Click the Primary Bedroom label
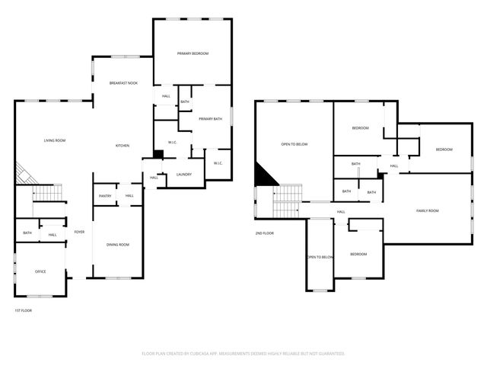click(193, 53)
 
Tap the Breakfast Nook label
click(123, 82)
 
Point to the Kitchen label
click(122, 146)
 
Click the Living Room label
click(54, 140)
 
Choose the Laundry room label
click(183, 174)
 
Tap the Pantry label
click(106, 196)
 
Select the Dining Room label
click(117, 244)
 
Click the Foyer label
click(79, 232)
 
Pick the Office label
click(40, 271)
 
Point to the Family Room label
click(427, 210)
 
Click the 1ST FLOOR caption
click(23, 310)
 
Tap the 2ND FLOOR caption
click(264, 233)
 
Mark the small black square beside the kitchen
click(158, 155)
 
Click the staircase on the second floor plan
click(288, 203)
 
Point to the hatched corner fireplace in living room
click(24, 174)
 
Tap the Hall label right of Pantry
click(129, 196)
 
